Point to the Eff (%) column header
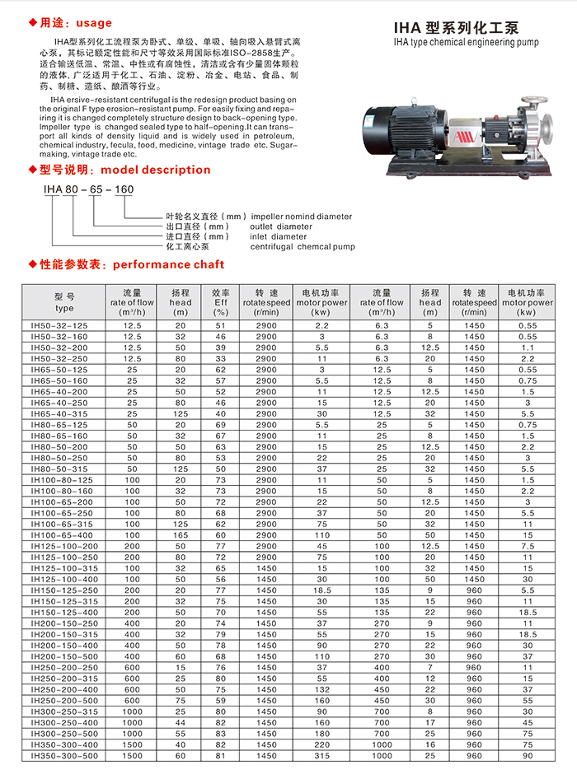tap(220, 302)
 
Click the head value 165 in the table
tap(181, 534)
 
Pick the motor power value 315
tap(321, 755)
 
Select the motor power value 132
tap(321, 688)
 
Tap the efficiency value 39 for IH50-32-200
tap(220, 348)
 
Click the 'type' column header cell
tap(64, 302)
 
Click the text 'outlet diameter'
tap(281, 226)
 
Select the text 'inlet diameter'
tap(278, 236)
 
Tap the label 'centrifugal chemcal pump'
tap(303, 246)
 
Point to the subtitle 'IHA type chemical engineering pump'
tap(456, 40)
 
